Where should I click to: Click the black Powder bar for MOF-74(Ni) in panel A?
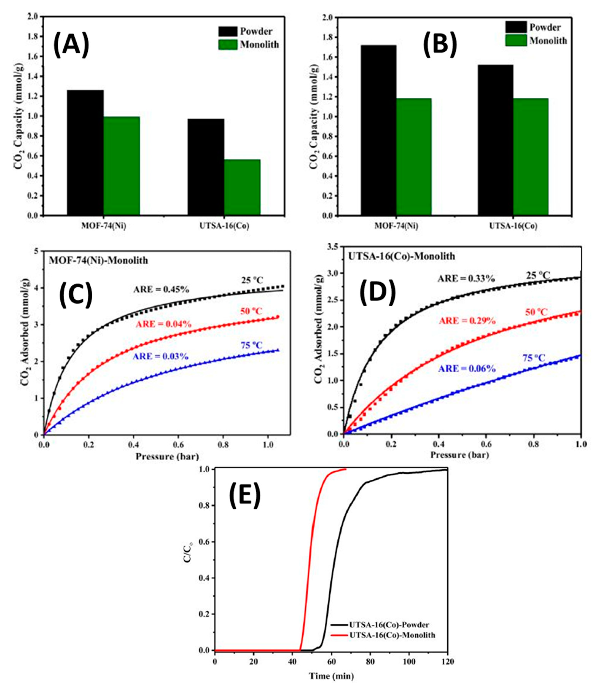86,153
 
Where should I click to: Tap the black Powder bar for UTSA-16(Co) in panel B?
495,140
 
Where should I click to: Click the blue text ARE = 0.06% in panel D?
467,369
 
